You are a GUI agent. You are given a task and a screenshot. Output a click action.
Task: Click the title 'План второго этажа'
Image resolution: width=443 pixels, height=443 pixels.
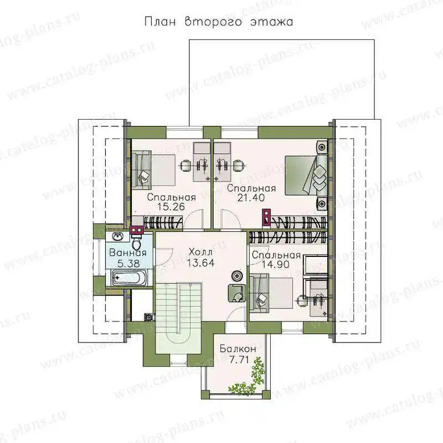click(218, 22)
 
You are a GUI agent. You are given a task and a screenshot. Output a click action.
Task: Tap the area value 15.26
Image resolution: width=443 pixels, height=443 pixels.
click(171, 207)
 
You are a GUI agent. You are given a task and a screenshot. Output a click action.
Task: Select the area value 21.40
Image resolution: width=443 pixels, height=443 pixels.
click(251, 198)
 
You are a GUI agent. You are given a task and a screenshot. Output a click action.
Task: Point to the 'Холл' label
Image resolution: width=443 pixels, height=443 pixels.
click(200, 251)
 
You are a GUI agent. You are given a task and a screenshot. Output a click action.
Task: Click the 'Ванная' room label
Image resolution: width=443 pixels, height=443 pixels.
click(128, 253)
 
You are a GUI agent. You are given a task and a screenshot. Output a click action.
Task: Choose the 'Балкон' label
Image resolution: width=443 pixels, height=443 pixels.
click(238, 349)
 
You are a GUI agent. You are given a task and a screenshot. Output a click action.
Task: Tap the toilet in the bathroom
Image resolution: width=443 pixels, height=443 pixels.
click(137, 241)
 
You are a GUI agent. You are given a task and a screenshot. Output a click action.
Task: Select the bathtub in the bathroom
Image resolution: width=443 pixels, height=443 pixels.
click(129, 278)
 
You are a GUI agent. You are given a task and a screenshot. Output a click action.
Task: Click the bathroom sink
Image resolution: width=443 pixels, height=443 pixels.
click(117, 236)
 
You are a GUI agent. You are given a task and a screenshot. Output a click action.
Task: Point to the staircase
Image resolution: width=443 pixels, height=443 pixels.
click(178, 318)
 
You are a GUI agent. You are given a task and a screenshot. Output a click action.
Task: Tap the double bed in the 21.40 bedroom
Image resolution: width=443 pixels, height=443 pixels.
click(306, 175)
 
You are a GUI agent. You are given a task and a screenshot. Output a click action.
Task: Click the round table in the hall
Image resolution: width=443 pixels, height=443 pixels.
click(237, 275)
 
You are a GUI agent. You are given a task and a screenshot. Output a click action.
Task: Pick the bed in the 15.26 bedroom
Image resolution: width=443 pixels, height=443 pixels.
click(153, 170)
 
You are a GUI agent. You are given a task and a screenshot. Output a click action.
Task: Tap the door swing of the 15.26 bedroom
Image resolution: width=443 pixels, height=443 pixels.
click(193, 219)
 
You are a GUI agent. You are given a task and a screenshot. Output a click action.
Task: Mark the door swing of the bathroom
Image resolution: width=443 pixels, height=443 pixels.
click(164, 257)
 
